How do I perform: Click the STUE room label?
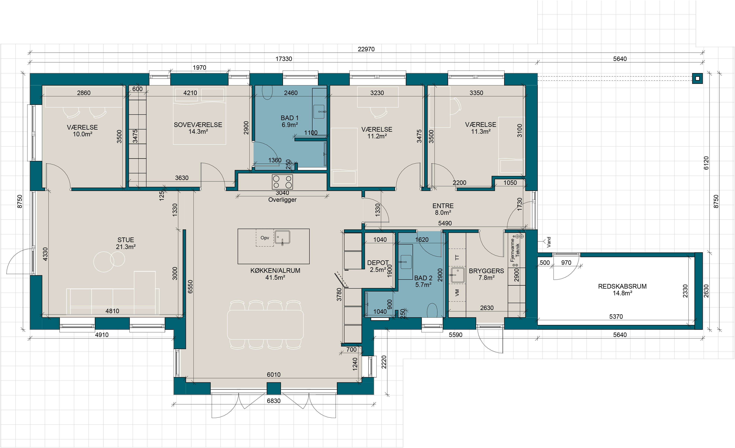tap(126, 240)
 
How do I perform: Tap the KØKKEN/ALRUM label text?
tap(275, 271)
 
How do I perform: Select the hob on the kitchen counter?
tap(282, 182)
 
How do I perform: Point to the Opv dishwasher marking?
tap(265, 238)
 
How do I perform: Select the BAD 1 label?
tap(289, 118)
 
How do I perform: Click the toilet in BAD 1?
tap(267, 92)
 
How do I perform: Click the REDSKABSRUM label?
tap(622, 286)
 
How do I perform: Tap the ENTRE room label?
tap(443, 206)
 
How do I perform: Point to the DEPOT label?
tap(378, 263)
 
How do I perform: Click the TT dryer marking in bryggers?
tap(457, 257)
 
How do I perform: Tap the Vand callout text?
tap(549, 242)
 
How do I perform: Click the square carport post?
tap(697, 79)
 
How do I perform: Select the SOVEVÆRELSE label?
tap(198, 125)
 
